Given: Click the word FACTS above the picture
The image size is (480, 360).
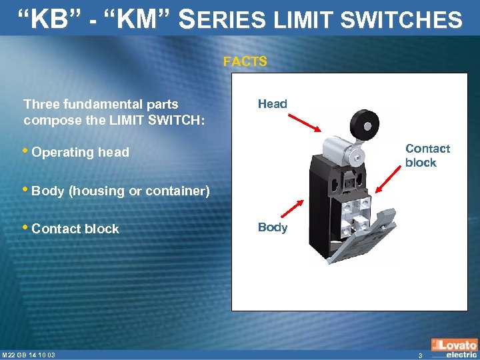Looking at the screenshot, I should point(245,62).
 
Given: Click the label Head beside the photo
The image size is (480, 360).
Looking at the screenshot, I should point(272,104).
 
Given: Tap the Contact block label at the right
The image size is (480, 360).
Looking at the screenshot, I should point(427,155).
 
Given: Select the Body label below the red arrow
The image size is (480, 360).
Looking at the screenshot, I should point(272,227).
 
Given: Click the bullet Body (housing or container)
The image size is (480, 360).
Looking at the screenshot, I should point(121,191).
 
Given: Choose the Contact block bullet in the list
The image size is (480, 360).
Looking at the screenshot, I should point(75,229).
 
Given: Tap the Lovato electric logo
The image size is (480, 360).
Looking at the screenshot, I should point(455,349).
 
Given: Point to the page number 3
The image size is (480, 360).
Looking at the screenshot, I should point(420,355).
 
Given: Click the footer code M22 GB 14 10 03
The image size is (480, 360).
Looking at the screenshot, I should point(28,354).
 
